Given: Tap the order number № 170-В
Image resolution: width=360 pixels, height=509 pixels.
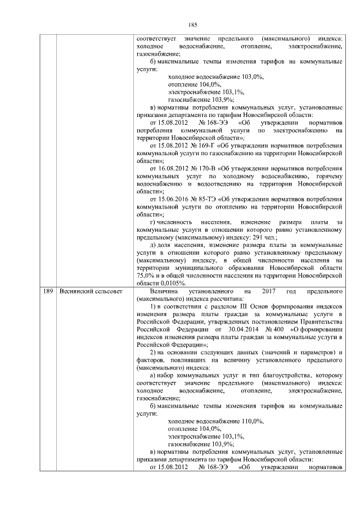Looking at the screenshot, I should pos(207,168).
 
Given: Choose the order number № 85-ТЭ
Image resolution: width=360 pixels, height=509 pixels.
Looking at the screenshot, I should pos(206,199).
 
